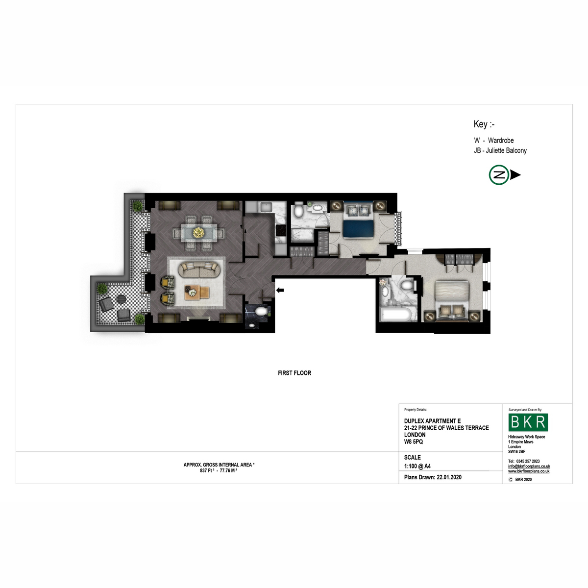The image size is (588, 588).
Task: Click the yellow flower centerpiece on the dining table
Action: click(198, 233)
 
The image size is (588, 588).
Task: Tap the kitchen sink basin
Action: click(266, 207)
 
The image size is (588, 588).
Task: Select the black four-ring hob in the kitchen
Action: click(281, 230)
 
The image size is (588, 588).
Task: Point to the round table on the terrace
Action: click(121, 299)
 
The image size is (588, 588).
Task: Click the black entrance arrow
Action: click(280, 290)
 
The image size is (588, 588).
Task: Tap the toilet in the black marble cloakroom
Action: click(261, 312)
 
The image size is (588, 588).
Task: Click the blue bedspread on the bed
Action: click(358, 228)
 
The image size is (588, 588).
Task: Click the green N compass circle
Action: click(499, 175)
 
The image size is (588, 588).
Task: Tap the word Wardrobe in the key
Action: click(501, 140)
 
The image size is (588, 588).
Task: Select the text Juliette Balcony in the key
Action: click(506, 150)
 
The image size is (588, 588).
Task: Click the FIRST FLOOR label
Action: click(294, 373)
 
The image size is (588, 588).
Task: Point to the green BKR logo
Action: click(528, 422)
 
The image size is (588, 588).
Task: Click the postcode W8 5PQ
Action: click(414, 441)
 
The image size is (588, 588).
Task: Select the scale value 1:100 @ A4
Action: click(417, 466)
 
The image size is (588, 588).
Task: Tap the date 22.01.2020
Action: click(449, 477)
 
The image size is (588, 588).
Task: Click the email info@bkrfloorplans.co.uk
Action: click(529, 466)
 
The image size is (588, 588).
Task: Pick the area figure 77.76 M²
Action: click(228, 470)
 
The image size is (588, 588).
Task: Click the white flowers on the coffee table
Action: click(192, 293)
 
